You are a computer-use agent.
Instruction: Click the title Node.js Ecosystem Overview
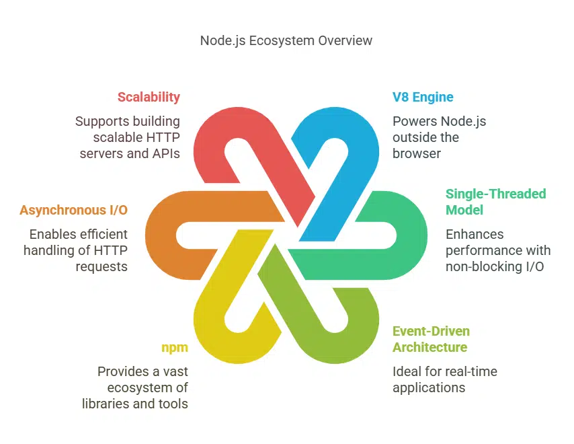[x=286, y=40]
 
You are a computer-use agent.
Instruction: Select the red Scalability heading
[x=149, y=97]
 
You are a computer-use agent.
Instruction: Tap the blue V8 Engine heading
[x=423, y=97]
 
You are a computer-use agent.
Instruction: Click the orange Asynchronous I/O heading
[x=73, y=210]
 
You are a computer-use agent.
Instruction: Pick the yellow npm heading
[x=174, y=347]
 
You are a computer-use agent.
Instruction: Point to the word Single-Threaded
[x=495, y=194]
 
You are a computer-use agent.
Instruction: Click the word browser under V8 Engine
[x=415, y=153]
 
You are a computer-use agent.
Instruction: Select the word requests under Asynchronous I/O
[x=105, y=266]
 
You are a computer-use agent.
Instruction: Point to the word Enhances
[x=475, y=234]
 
